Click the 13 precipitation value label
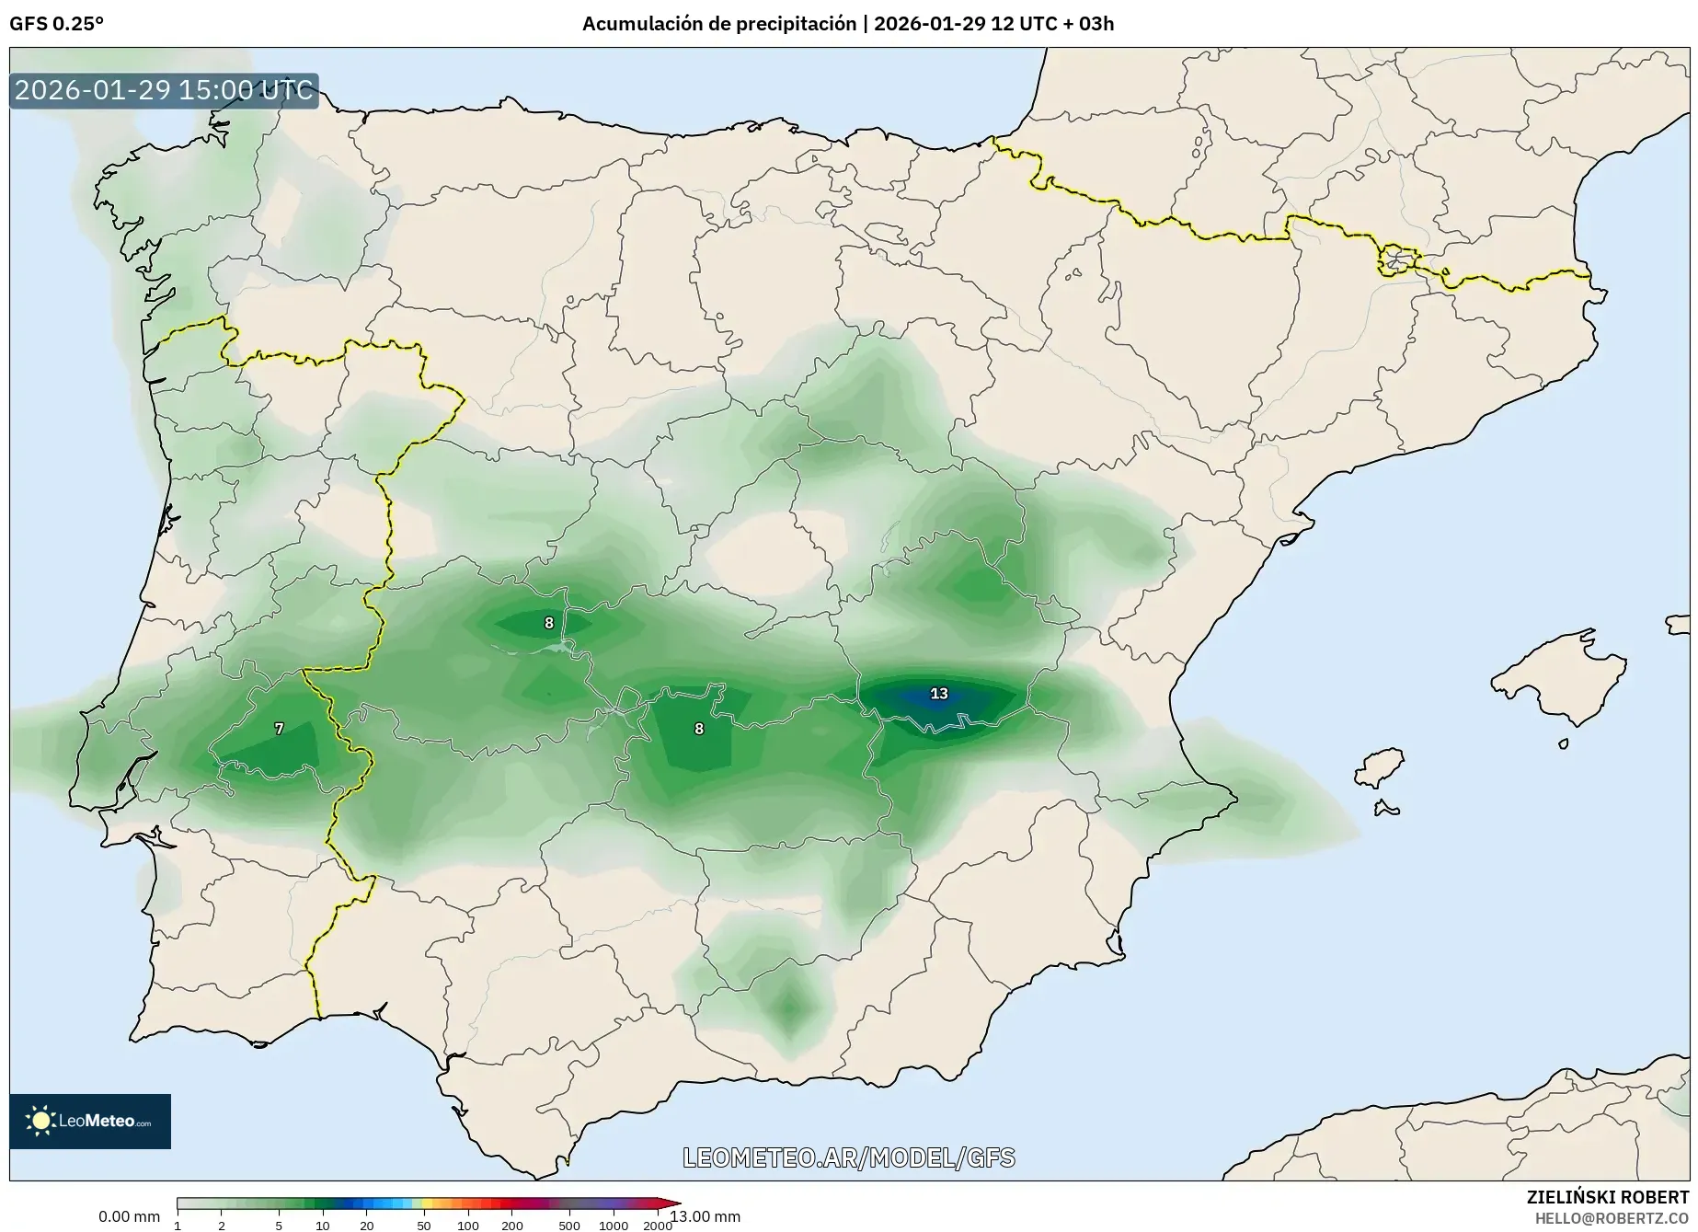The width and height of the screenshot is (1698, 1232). (938, 694)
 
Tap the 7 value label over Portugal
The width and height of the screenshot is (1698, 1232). (280, 729)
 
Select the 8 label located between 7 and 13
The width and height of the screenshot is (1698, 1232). (699, 729)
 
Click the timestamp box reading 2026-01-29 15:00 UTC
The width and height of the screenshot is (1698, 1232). (164, 91)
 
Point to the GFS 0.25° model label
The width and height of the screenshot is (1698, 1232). (56, 24)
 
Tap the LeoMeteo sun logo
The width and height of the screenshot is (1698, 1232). (40, 1120)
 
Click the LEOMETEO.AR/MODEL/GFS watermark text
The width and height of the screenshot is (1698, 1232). (848, 1157)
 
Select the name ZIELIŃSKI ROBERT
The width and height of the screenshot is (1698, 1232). (1608, 1197)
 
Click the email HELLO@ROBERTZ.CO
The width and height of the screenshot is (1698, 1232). (1612, 1217)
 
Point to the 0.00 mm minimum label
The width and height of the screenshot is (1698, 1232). (129, 1216)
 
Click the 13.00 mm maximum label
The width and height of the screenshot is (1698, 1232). (706, 1216)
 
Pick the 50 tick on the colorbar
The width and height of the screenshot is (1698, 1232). (423, 1226)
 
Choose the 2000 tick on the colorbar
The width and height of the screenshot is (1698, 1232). (657, 1226)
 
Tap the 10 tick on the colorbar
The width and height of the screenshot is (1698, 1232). (322, 1226)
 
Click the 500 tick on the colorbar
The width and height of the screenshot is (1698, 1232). (569, 1226)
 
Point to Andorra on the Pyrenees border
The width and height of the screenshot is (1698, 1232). (1396, 260)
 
